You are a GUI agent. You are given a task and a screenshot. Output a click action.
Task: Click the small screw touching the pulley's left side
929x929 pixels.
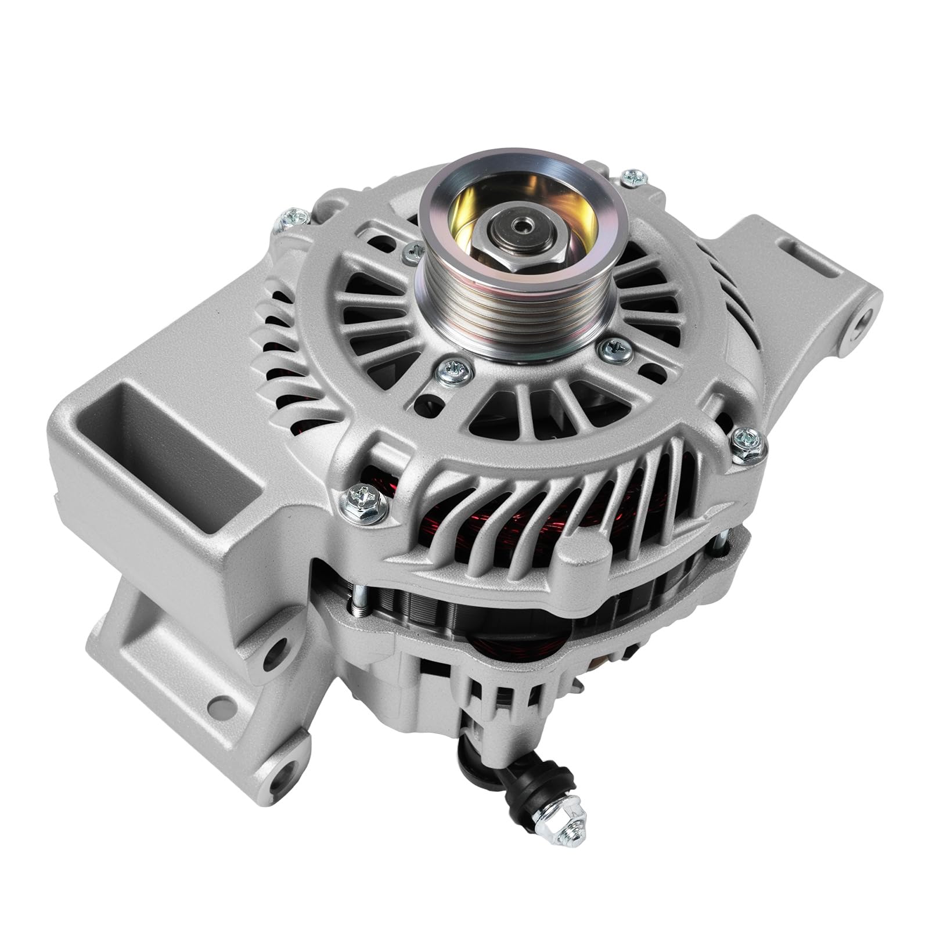(x=412, y=250)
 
